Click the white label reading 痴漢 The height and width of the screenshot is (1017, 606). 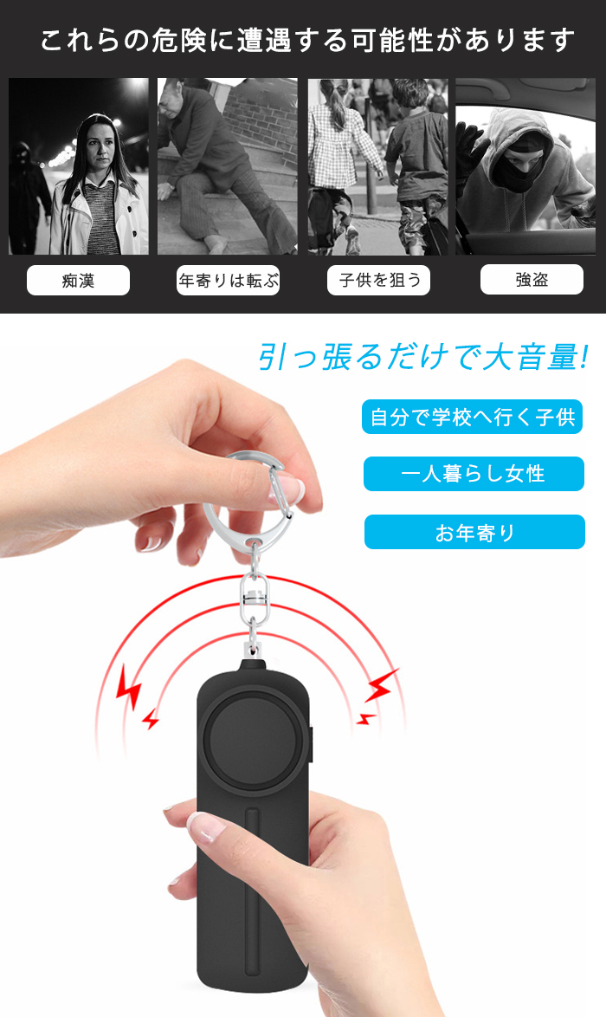79,281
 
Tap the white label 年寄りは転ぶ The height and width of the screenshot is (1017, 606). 229,281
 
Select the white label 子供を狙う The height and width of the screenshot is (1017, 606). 378,281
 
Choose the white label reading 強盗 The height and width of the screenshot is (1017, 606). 532,280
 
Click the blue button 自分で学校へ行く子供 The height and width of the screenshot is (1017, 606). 473,417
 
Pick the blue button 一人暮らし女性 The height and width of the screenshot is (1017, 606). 474,474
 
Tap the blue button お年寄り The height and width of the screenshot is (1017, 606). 474,533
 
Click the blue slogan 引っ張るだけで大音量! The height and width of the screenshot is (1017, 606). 423,357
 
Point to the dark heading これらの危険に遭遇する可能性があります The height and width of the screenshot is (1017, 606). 307,41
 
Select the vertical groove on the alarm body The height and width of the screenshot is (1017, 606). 251,891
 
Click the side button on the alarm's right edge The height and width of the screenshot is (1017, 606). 309,745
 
